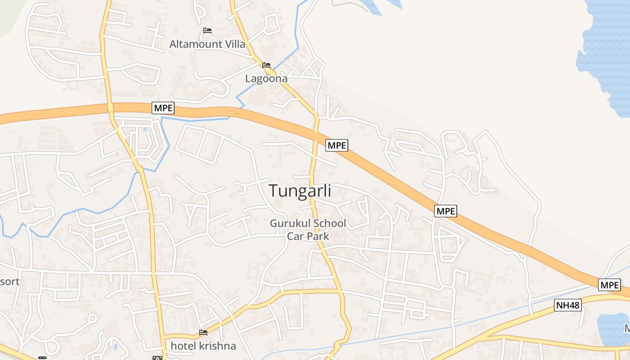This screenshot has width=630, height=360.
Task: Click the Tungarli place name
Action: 300,191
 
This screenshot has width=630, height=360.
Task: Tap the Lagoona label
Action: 266,79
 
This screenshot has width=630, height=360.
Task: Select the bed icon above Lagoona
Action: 266,65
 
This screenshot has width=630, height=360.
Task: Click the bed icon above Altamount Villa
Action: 207,31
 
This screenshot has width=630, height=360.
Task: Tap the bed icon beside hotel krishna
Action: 203,333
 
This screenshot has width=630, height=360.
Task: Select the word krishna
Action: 218,346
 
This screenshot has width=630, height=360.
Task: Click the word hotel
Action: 183,346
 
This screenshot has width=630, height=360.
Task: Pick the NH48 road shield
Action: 567,306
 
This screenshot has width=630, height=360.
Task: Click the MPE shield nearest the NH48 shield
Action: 609,285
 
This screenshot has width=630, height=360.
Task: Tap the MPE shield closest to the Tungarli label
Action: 337,145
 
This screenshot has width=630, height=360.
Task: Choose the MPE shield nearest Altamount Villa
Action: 163,108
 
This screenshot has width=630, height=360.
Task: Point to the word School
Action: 329,223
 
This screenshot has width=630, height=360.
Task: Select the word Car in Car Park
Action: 296,236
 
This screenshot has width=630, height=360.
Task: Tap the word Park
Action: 318,236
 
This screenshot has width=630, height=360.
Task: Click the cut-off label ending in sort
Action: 9,282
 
